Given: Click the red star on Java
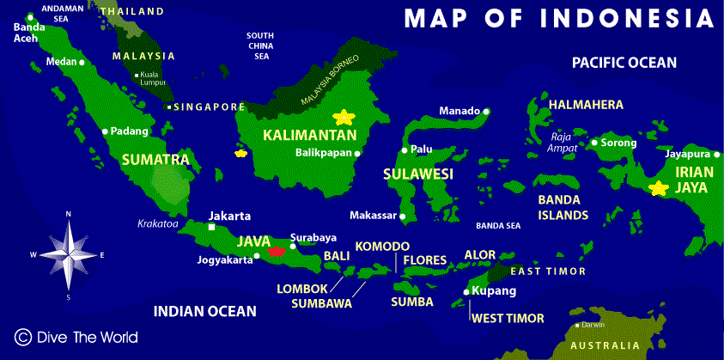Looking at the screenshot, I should [277, 251].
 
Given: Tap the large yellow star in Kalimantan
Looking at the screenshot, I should [344, 116].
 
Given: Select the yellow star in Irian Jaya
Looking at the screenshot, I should [659, 188].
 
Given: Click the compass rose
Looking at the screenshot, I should [68, 253].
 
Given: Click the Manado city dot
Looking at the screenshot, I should [486, 111].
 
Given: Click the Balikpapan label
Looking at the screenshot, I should [324, 154].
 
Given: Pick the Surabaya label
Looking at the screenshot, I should [313, 237].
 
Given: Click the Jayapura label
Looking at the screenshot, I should [687, 155].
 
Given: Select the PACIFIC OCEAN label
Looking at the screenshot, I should [624, 63].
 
